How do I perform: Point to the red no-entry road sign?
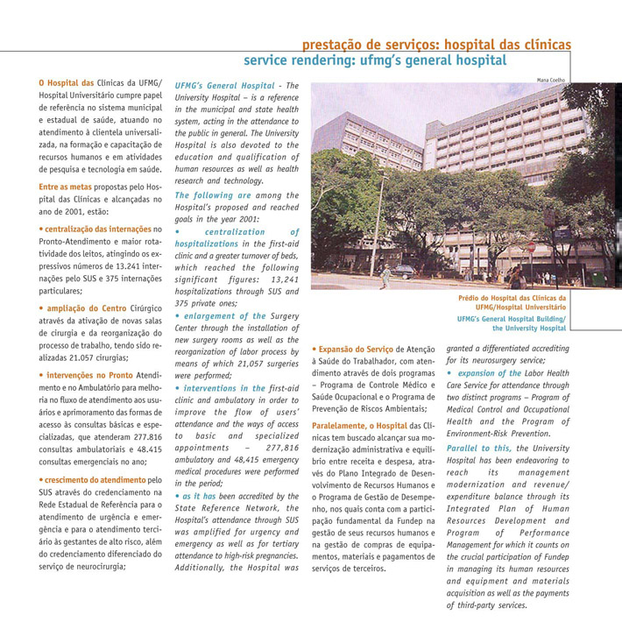point(531,248)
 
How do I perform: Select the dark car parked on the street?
point(405,272)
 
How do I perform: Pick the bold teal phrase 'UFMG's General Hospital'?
point(225,86)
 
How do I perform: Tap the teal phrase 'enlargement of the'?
point(224,315)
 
